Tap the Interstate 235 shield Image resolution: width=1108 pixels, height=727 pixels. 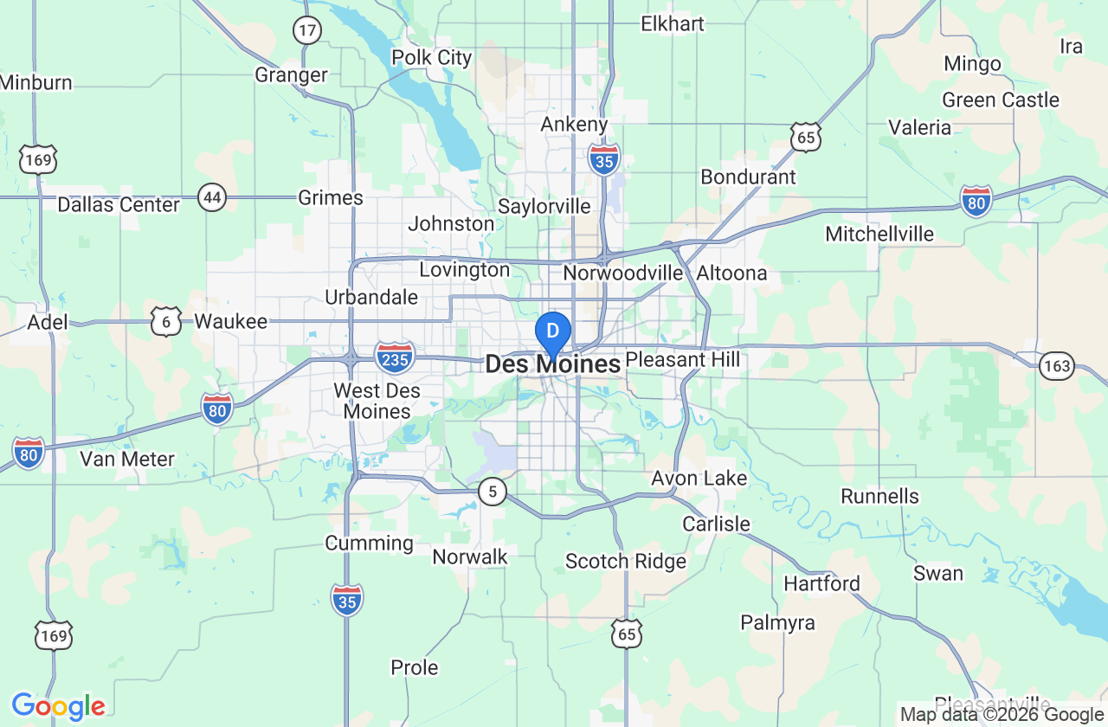pyautogui.click(x=395, y=356)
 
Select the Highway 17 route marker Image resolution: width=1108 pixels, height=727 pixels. pyautogui.click(x=306, y=30)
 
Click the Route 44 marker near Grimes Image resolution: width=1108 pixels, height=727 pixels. pyautogui.click(x=212, y=196)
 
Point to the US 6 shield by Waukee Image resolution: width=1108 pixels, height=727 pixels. pyautogui.click(x=165, y=321)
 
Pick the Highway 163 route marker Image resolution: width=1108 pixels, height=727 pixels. pyautogui.click(x=1057, y=365)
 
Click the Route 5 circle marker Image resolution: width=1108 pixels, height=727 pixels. pyautogui.click(x=493, y=492)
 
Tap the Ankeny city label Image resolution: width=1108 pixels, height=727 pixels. pyautogui.click(x=574, y=125)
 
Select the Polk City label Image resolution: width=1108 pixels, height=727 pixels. pyautogui.click(x=432, y=58)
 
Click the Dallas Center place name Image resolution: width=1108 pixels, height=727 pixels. pyautogui.click(x=119, y=205)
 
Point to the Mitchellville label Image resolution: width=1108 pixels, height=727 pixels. pyautogui.click(x=879, y=234)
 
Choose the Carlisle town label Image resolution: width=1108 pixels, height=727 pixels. pyautogui.click(x=716, y=524)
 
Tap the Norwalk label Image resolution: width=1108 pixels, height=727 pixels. pyautogui.click(x=470, y=557)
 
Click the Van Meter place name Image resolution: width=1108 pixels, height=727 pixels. pyautogui.click(x=127, y=459)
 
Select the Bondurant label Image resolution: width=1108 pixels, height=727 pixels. pyautogui.click(x=748, y=177)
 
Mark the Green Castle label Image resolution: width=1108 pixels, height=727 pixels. pyautogui.click(x=1000, y=100)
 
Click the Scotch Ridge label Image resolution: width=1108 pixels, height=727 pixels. pyautogui.click(x=625, y=562)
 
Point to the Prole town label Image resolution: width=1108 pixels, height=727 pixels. pyautogui.click(x=415, y=668)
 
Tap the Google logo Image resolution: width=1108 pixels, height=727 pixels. pyautogui.click(x=58, y=707)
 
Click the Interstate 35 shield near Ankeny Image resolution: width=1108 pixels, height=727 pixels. pyautogui.click(x=603, y=160)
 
